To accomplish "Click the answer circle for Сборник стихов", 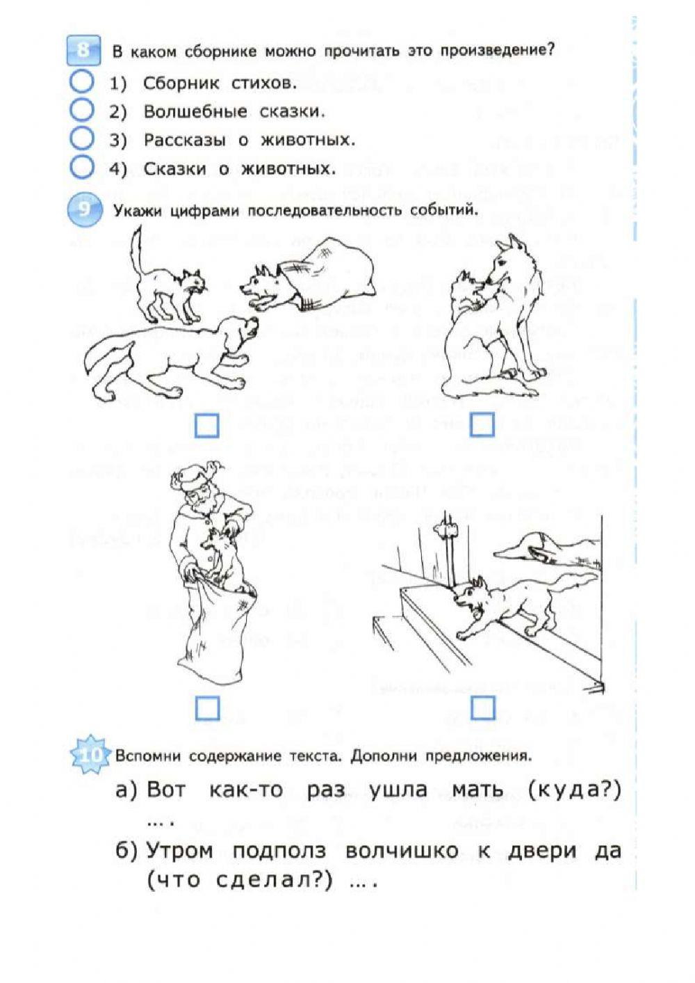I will click(x=82, y=82).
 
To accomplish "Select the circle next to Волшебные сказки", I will click(x=82, y=110).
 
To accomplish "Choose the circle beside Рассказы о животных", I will click(x=82, y=138).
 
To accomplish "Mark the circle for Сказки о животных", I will click(x=82, y=167).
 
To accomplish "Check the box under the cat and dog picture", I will click(x=206, y=425).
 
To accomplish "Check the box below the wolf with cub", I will click(x=482, y=424).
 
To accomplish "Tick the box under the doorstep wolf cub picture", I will click(x=483, y=708).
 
